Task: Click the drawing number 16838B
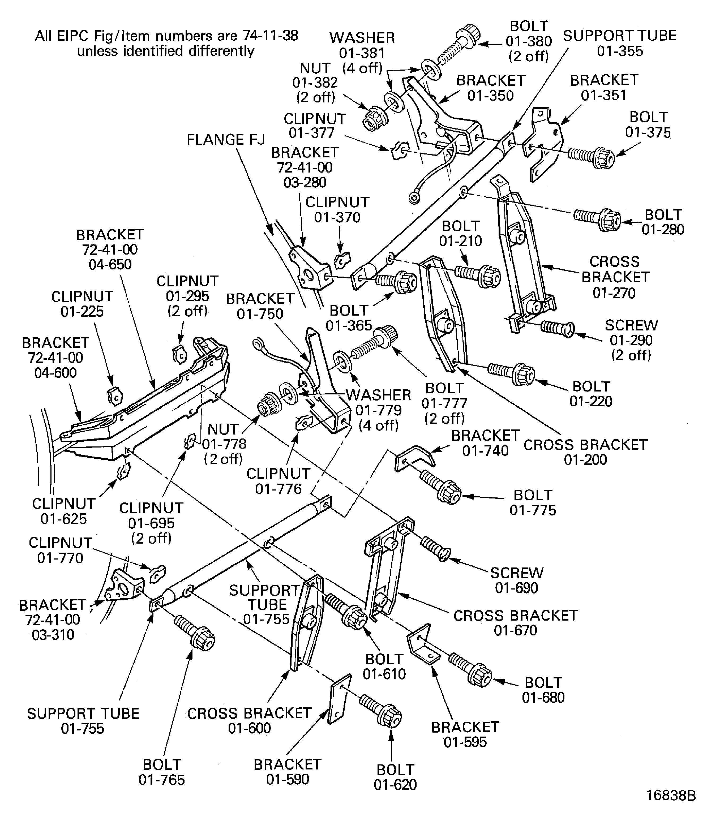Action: pyautogui.click(x=671, y=795)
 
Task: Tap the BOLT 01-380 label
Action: pyautogui.click(x=529, y=41)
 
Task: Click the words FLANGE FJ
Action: pyautogui.click(x=225, y=140)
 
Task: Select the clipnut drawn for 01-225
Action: pyautogui.click(x=115, y=396)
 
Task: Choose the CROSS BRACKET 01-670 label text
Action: pyautogui.click(x=515, y=623)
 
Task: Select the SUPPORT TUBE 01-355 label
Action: pyautogui.click(x=619, y=43)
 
